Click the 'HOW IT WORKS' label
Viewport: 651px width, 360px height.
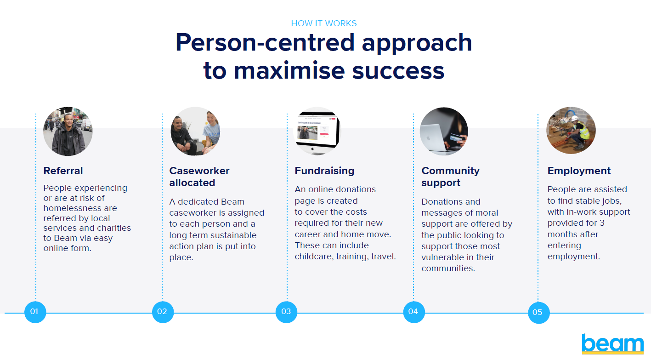[324, 23]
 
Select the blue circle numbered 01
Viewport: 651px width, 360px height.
[35, 312]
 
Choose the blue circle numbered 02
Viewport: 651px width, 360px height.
[163, 312]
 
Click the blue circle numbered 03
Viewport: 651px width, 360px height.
[286, 312]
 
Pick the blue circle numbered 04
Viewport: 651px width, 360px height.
[413, 312]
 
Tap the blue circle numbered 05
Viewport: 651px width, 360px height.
[538, 313]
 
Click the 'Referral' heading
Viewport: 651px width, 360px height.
[63, 171]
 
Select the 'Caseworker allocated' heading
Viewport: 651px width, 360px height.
[199, 177]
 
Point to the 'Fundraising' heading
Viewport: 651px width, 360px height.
[324, 171]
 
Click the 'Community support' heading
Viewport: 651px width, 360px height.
[450, 177]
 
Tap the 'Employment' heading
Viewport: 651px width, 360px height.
[579, 171]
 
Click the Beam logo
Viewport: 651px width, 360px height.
[612, 344]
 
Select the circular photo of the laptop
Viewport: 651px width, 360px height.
[443, 131]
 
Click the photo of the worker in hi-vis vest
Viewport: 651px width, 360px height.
[571, 131]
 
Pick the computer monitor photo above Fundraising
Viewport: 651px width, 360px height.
[317, 131]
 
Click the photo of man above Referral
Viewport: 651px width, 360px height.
[68, 131]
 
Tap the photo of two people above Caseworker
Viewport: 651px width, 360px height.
[195, 131]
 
